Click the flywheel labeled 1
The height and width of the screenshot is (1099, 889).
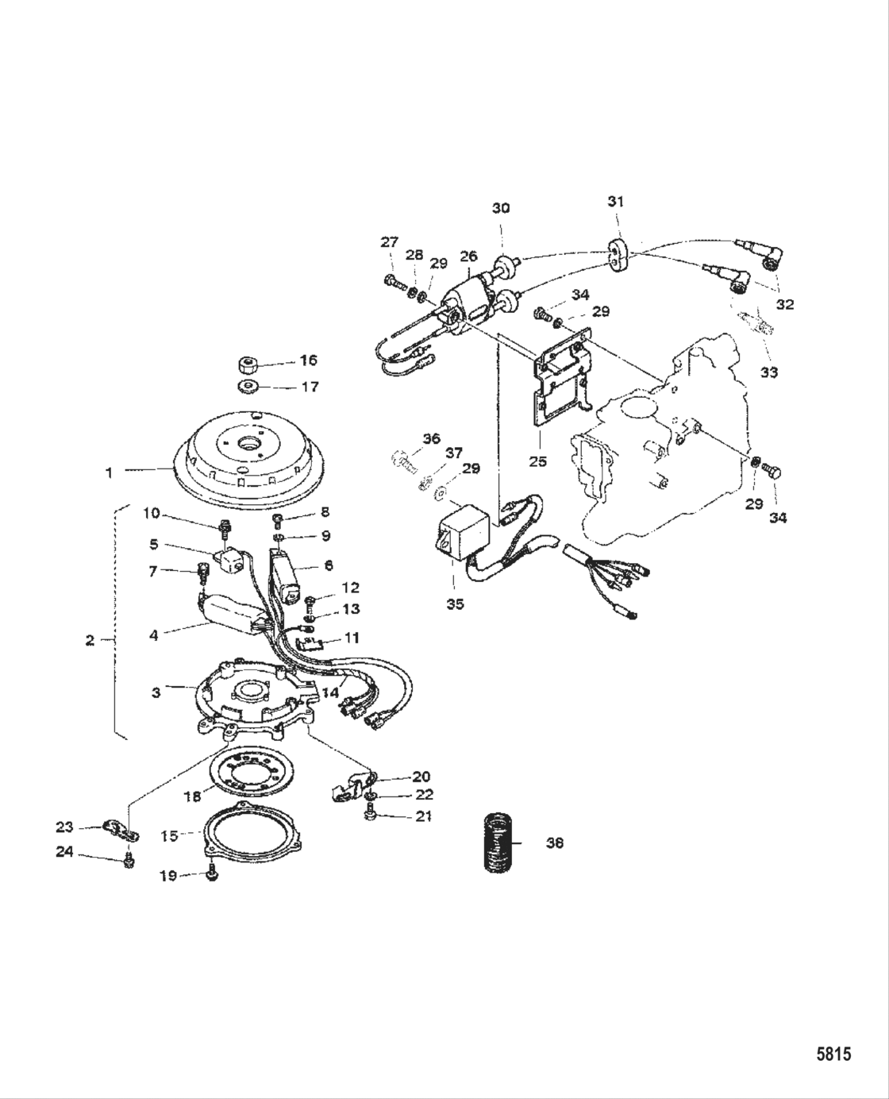pos(246,461)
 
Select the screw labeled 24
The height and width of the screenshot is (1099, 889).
pos(129,862)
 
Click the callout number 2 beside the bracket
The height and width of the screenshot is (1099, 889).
pos(90,640)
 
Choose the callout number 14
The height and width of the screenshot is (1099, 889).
pos(331,691)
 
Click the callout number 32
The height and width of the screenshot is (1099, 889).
pos(785,304)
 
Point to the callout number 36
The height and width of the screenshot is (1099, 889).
pos(431,438)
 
